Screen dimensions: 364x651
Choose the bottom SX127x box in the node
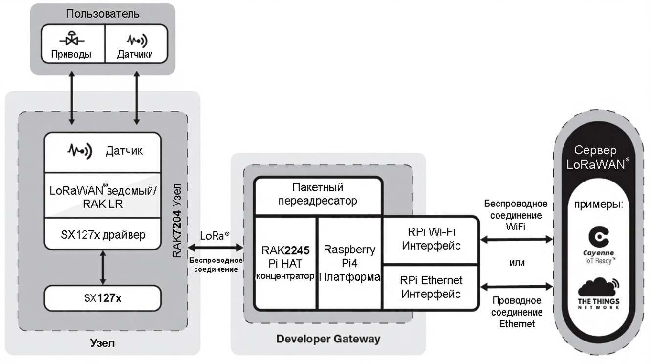102,296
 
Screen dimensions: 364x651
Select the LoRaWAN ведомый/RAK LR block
102,196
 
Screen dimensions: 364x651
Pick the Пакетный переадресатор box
318,194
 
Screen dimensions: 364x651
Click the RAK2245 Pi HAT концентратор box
285,263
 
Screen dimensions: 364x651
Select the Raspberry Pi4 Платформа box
350,263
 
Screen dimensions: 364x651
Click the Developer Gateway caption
328,338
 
